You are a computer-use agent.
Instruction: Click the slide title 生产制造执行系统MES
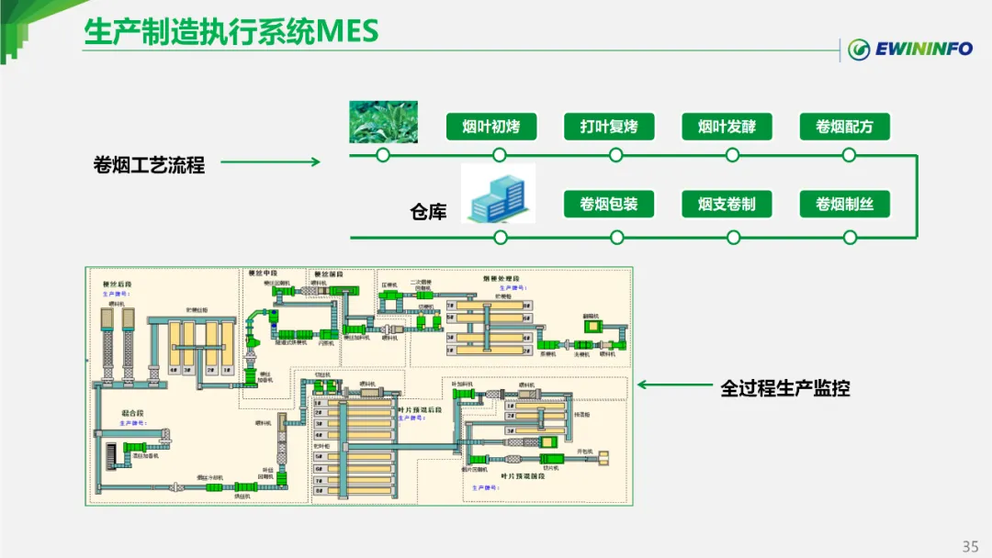pos(231,31)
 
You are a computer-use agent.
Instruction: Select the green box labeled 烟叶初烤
pos(491,127)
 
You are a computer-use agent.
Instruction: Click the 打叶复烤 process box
pos(609,127)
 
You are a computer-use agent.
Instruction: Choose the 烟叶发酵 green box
pos(727,127)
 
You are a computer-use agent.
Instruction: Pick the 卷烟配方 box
pos(844,127)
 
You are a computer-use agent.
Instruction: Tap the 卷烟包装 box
pos(609,204)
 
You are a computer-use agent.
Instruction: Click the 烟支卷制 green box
pos(727,204)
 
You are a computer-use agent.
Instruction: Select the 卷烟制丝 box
pos(844,204)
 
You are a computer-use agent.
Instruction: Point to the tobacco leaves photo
pos(383,121)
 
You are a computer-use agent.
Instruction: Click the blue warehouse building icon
pos(498,194)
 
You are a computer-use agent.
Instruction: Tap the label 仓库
pos(428,212)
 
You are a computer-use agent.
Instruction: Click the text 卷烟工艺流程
pos(149,165)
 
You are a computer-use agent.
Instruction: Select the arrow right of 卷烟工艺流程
pos(270,162)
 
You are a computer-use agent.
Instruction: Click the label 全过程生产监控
pos(785,388)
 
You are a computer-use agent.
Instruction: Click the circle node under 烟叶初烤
pos(499,155)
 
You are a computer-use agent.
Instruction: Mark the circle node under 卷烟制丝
pos(850,238)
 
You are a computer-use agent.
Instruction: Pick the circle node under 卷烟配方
pos(850,155)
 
